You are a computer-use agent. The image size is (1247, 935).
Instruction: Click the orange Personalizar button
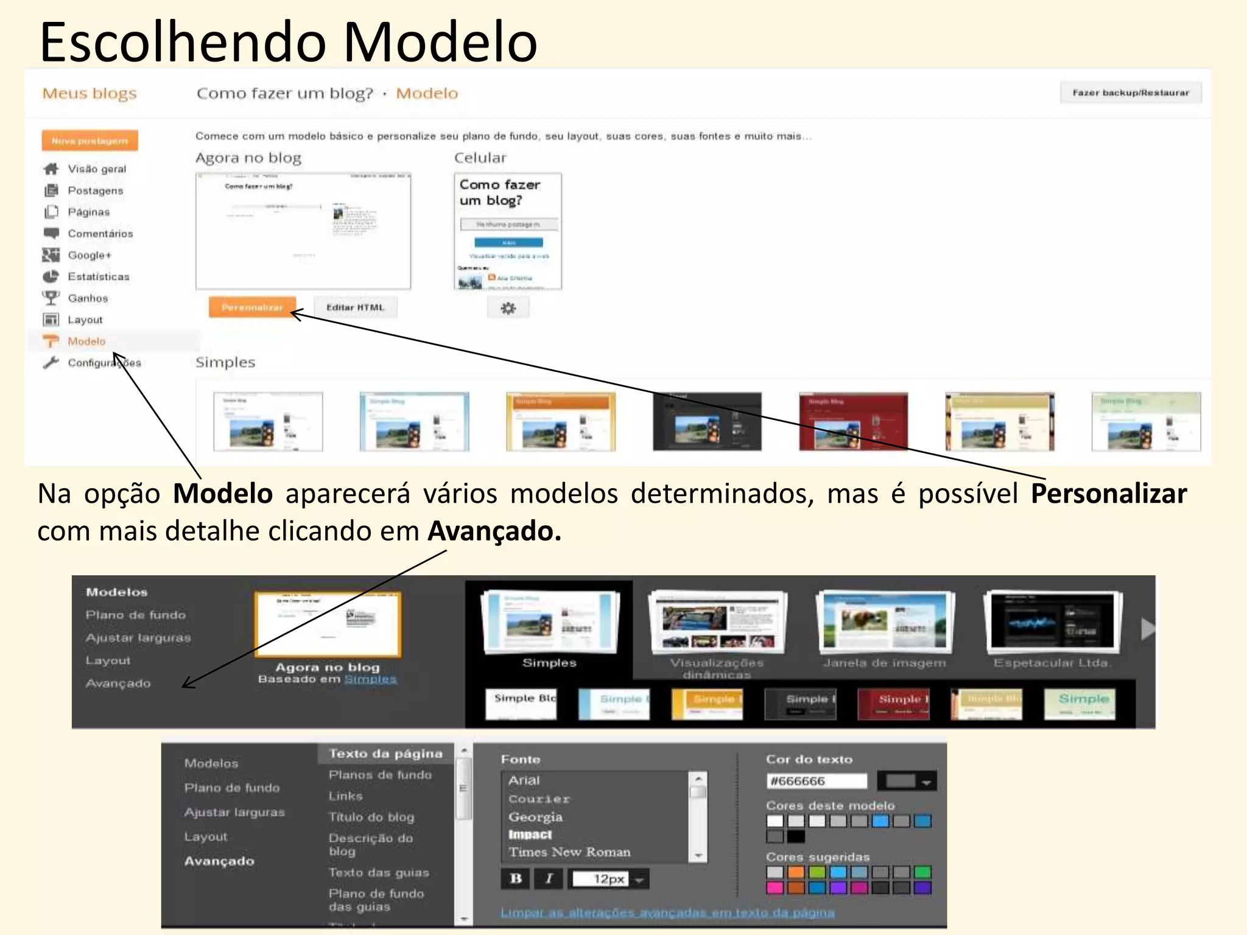(x=252, y=307)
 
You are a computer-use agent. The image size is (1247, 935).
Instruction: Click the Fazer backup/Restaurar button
(x=1130, y=93)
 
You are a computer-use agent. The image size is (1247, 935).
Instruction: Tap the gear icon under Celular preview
(x=508, y=308)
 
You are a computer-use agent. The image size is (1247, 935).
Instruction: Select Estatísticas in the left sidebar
(x=98, y=277)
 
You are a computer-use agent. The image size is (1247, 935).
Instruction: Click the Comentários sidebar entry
(x=100, y=234)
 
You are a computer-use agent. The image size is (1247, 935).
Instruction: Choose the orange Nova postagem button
(x=90, y=141)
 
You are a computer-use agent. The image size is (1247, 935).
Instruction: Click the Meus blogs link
(x=90, y=93)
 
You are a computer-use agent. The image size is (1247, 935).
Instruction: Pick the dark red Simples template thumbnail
(x=853, y=421)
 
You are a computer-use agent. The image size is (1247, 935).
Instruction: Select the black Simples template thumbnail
(x=707, y=421)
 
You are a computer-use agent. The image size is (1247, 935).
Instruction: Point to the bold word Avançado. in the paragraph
(x=494, y=531)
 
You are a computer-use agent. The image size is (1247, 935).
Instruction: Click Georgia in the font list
(x=536, y=817)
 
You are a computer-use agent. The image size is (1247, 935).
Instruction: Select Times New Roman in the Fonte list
(x=569, y=852)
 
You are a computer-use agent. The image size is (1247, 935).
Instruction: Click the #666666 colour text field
(x=816, y=781)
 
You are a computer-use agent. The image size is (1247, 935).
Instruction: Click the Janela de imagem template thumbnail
(x=885, y=622)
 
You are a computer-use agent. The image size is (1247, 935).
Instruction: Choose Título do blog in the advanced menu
(x=371, y=817)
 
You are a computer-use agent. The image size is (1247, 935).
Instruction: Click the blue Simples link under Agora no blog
(x=370, y=679)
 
